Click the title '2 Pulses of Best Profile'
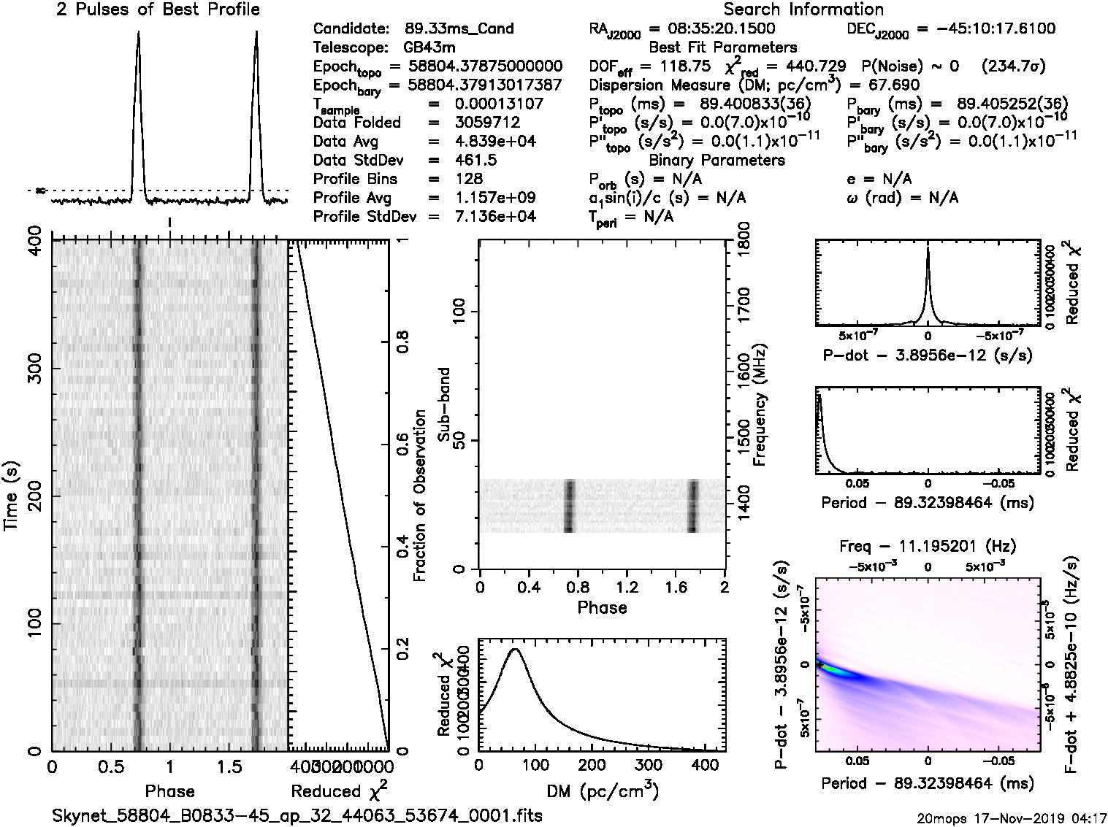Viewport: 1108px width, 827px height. coord(158,9)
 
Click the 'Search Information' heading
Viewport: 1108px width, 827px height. coord(803,9)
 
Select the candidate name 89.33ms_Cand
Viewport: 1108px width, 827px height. coord(459,29)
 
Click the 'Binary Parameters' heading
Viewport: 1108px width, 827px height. coord(717,161)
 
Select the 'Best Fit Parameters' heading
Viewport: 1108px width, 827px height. coord(723,48)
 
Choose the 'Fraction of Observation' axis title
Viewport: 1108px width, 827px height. coord(419,496)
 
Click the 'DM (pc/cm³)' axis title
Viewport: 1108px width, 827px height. coord(602,791)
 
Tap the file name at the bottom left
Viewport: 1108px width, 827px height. coord(297,815)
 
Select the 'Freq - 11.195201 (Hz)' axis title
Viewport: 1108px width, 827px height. coord(928,546)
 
